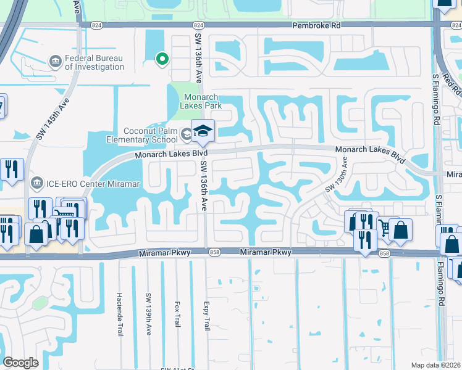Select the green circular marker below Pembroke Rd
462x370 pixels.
click(x=162, y=59)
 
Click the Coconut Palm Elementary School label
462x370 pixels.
click(x=141, y=134)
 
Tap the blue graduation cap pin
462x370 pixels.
click(x=202, y=130)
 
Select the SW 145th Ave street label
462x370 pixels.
click(x=52, y=120)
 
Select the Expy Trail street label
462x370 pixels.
click(x=207, y=315)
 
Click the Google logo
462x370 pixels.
click(x=20, y=362)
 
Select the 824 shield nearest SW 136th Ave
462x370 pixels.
click(x=198, y=25)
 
